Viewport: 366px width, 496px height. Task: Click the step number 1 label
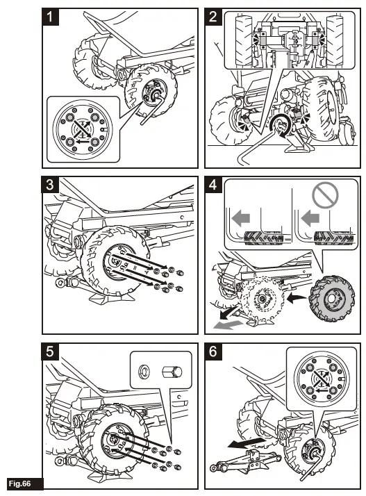coord(50,17)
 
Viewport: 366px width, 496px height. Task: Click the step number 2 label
coord(213,17)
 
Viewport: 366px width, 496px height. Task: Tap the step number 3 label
coord(50,185)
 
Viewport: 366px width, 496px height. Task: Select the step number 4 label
coord(213,185)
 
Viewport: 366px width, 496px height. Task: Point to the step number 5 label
coord(50,352)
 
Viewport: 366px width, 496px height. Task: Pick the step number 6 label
coord(213,352)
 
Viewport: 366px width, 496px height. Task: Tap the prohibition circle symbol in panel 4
coord(325,196)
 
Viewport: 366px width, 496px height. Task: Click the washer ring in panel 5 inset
coord(144,370)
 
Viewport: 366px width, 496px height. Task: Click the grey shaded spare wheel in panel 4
coord(331,299)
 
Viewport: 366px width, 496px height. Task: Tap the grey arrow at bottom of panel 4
coord(228,324)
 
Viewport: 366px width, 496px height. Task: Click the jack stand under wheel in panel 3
coord(110,297)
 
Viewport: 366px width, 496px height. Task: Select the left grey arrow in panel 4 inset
coord(241,218)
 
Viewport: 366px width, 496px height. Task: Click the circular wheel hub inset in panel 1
coord(83,129)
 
